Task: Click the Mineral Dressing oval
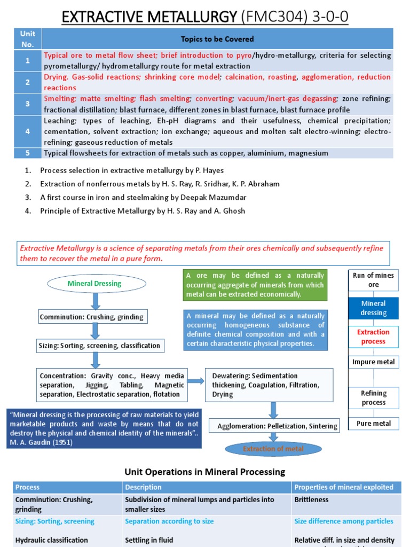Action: coord(94,284)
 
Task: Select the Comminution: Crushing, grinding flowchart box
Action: coord(92,317)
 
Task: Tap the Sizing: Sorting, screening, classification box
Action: coord(99,346)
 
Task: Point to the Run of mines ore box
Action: coord(373,280)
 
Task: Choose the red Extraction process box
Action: coord(373,337)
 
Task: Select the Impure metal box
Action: coord(373,362)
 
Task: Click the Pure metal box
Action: coord(373,424)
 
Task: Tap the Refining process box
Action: coord(373,398)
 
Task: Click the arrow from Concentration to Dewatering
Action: coord(196,381)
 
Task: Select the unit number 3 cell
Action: coord(28,104)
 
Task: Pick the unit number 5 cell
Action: coord(28,153)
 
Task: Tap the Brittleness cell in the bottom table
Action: coord(312,500)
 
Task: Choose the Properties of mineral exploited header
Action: coord(344,487)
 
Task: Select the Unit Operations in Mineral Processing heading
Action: coord(205,472)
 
